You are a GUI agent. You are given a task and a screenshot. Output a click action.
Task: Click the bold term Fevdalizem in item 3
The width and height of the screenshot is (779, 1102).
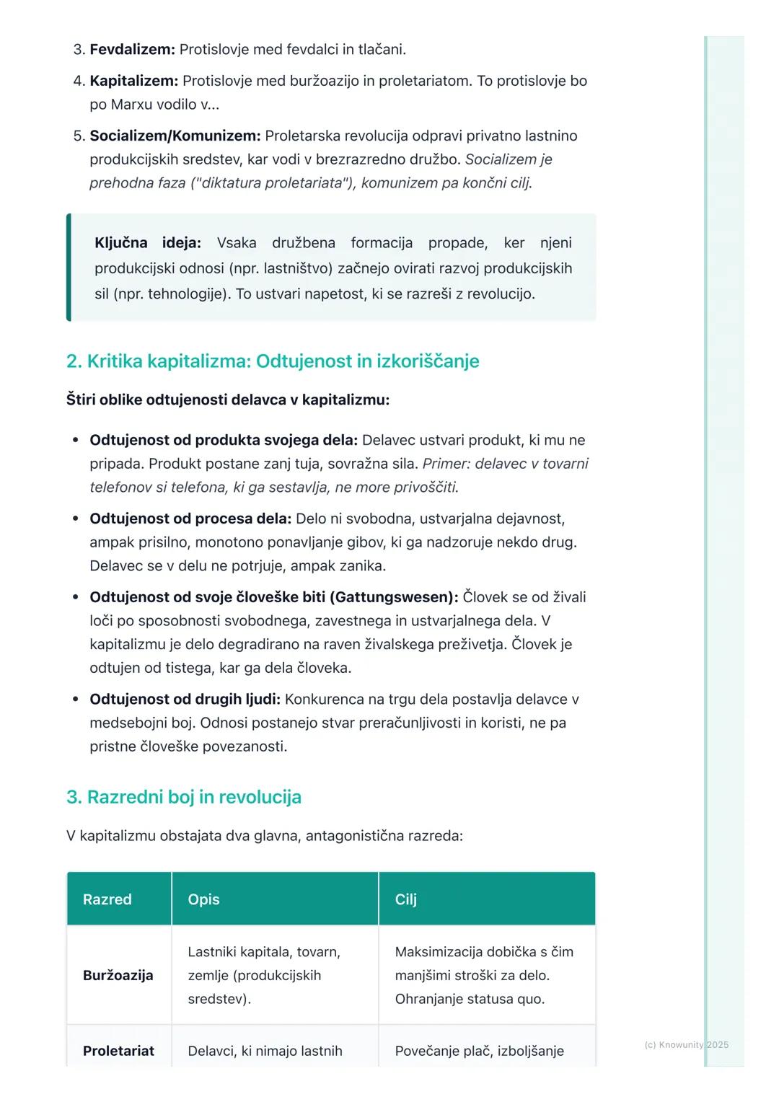132,50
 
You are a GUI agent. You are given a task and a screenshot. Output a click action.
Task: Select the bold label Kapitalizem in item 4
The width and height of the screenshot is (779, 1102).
133,81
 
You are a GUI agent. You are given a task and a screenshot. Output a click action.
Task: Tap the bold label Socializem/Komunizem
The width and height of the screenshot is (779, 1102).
175,136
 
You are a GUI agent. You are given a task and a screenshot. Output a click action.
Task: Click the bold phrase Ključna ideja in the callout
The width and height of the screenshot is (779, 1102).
147,243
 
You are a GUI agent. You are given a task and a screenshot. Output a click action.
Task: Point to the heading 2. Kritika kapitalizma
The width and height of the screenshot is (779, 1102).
273,361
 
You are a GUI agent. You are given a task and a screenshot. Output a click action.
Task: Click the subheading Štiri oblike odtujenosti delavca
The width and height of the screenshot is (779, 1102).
228,400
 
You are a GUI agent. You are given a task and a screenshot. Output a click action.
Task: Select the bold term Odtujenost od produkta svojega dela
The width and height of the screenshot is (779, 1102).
224,440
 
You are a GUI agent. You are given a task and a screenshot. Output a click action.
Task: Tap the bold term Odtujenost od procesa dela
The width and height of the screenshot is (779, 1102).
190,519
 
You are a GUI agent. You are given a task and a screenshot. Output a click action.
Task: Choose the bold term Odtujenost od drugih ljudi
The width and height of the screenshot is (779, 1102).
185,699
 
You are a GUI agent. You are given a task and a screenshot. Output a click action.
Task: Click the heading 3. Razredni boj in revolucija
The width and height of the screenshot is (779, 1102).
184,797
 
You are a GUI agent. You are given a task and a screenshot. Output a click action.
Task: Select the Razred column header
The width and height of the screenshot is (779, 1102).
107,899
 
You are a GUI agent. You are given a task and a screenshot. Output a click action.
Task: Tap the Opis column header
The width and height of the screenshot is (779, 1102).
203,899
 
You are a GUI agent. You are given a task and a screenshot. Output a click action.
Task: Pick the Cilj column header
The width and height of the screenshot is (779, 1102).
406,899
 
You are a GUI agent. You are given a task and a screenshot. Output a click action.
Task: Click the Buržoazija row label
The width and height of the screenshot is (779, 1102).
118,975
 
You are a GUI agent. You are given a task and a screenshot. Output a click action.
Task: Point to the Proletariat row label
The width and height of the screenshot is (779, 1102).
118,1051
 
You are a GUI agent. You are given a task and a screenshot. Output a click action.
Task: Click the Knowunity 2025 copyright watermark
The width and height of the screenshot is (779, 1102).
686,1044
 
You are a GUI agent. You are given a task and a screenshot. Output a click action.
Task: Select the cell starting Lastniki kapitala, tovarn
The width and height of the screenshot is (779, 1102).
264,975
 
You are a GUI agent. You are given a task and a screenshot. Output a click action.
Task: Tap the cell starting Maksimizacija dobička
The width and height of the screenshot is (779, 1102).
484,975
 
